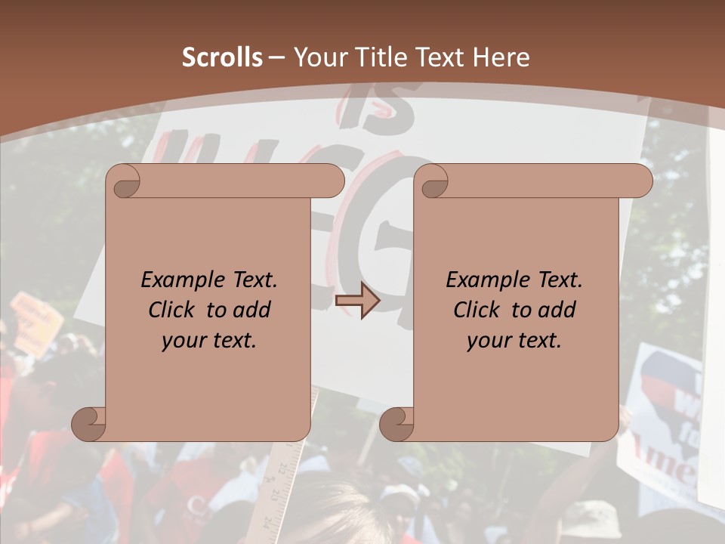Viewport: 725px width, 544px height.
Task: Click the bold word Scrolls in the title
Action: pos(222,57)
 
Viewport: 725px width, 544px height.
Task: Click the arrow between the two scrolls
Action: pos(357,301)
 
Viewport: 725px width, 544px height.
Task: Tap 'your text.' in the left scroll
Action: pos(209,341)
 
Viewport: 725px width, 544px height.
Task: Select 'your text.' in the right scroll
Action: pos(514,341)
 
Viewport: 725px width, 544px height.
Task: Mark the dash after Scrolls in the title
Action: pos(276,57)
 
